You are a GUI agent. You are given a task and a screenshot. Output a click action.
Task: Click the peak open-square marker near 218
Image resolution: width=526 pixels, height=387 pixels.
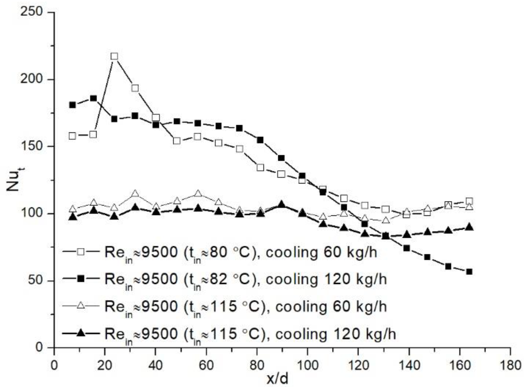[114, 56]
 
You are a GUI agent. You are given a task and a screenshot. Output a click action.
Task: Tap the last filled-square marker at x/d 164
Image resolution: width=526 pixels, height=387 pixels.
[469, 272]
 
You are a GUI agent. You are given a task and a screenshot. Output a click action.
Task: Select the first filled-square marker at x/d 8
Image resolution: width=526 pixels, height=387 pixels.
[72, 105]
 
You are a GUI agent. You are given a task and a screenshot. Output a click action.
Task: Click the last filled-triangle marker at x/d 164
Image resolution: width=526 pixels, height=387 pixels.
[469, 227]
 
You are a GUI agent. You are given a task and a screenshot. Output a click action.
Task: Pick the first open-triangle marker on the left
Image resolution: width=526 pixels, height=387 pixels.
[72, 209]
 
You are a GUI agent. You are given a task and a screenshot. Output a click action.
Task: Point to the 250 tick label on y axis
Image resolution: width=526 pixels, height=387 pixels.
[31, 12]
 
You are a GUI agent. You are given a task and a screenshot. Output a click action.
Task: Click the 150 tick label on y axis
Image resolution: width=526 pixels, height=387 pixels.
[31, 146]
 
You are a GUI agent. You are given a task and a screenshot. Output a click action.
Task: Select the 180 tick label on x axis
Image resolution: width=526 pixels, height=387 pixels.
[510, 366]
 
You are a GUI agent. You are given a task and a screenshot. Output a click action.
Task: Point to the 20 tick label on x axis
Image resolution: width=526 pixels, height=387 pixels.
[105, 366]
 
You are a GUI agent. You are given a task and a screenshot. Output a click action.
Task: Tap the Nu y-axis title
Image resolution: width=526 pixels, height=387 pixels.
[13, 180]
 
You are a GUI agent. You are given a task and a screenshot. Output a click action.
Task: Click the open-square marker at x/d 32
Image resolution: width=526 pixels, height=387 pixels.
[135, 88]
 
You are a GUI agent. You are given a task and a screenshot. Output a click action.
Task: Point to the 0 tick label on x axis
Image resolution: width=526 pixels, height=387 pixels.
[54, 366]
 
